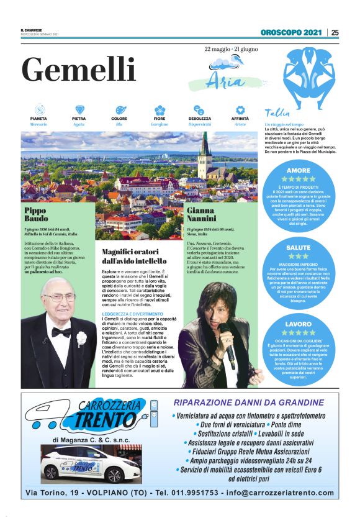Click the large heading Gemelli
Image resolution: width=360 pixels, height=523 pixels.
78,68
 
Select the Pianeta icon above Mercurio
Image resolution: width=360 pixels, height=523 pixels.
38,109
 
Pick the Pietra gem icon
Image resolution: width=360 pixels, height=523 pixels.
79,109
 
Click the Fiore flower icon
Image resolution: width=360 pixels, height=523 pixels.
160,109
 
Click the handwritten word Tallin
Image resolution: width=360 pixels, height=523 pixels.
277,113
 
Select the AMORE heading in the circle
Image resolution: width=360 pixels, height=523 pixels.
299,170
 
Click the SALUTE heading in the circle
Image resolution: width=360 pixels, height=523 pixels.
299,247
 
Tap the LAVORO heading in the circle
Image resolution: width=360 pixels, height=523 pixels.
299,324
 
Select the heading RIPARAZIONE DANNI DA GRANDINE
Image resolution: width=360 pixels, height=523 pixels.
258,402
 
